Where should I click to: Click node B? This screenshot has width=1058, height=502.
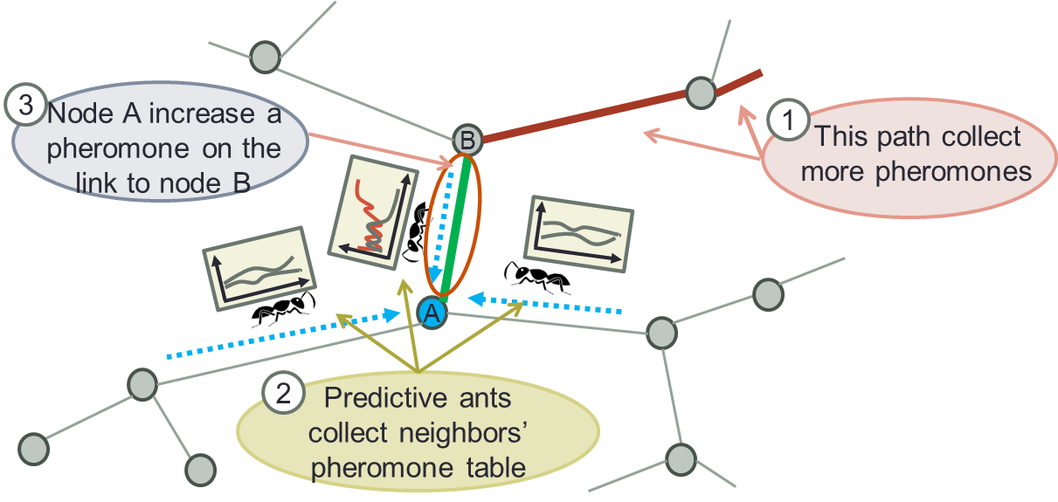(467, 140)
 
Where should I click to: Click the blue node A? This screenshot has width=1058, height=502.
(432, 313)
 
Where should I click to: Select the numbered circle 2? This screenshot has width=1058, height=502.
(283, 394)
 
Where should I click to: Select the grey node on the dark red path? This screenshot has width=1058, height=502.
(701, 91)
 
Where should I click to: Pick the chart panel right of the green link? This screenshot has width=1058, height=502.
(577, 235)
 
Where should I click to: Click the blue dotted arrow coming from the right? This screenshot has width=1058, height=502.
(550, 304)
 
